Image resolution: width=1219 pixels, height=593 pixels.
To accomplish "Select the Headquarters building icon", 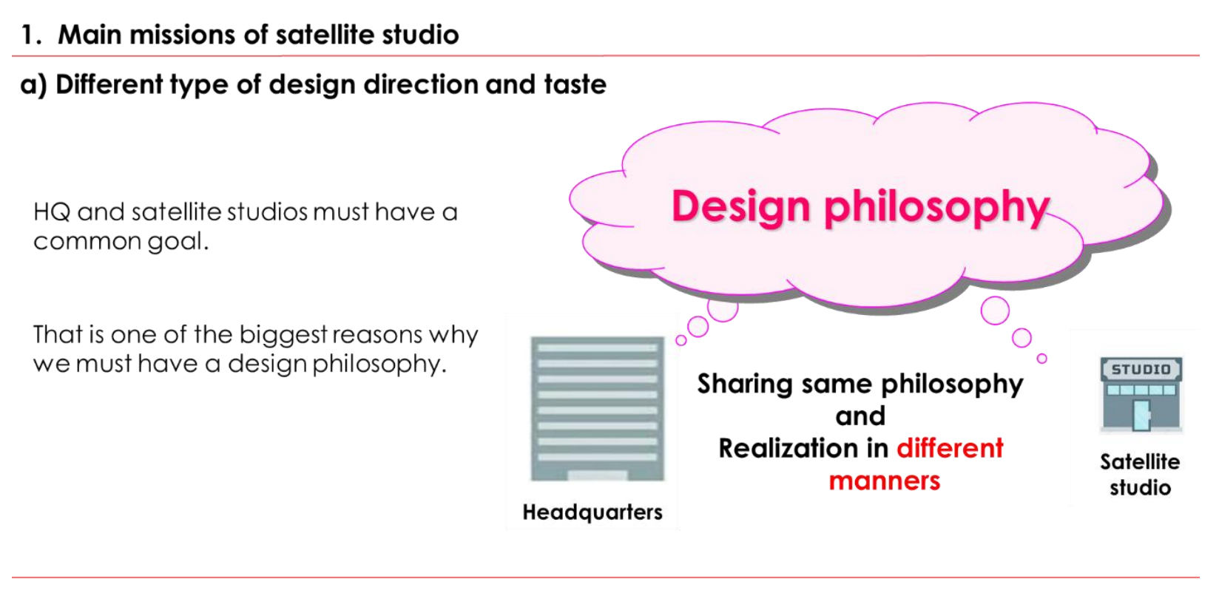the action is pyautogui.click(x=598, y=409).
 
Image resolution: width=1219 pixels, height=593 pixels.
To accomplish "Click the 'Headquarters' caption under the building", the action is pyautogui.click(x=592, y=512).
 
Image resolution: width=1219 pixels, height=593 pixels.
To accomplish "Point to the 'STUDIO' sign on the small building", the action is pyautogui.click(x=1141, y=370).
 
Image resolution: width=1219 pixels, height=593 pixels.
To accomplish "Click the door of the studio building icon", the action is pyautogui.click(x=1141, y=416).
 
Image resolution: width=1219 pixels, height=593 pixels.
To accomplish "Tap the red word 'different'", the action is pyautogui.click(x=950, y=449).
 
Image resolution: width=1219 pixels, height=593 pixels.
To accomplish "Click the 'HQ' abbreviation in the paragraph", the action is pyautogui.click(x=52, y=212).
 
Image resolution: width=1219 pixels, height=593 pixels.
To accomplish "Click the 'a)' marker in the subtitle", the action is pyautogui.click(x=34, y=86).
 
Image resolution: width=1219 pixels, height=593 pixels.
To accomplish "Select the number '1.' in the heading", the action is pyautogui.click(x=32, y=35).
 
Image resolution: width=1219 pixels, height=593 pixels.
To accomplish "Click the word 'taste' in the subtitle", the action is pyautogui.click(x=575, y=85).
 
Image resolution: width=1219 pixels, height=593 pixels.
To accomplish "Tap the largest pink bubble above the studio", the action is pyautogui.click(x=995, y=311).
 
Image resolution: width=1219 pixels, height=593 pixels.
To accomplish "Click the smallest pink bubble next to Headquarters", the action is pyautogui.click(x=681, y=341).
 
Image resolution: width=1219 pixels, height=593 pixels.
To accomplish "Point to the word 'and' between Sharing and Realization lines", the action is pyautogui.click(x=860, y=416).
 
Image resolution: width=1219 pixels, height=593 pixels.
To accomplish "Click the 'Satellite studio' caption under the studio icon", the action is pyautogui.click(x=1140, y=475).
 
